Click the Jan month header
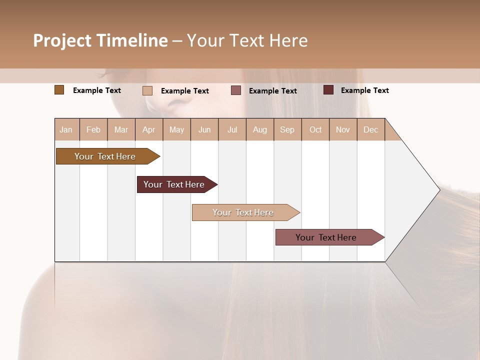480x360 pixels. coord(66,129)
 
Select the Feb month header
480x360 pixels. coord(93,129)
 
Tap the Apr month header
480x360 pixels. coord(149,129)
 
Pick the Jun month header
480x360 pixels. coord(204,129)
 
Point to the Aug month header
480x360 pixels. coord(260,129)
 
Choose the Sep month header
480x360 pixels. coord(287,129)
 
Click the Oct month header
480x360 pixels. coord(315,129)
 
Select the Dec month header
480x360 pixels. coord(371,129)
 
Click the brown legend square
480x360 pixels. coord(59,90)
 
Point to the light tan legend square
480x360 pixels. coord(147,90)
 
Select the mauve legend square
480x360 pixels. coord(236,90)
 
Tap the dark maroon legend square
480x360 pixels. coord(328,90)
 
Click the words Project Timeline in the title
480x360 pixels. coord(100,40)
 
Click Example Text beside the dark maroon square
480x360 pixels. coord(365,90)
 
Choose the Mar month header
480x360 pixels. coord(121,129)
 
